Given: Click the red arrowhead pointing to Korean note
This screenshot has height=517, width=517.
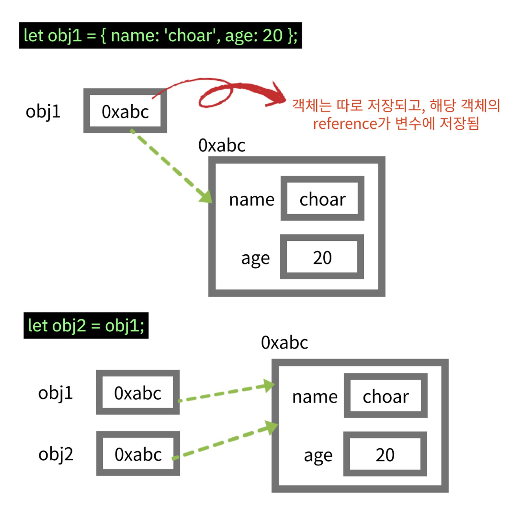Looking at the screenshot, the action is [277, 96].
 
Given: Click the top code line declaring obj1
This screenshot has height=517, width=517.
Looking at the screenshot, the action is [161, 35].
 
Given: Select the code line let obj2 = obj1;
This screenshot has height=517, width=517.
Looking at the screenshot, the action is [86, 325].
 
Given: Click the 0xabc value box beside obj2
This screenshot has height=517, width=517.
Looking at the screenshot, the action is [138, 454].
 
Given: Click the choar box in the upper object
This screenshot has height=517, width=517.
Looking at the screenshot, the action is [322, 198].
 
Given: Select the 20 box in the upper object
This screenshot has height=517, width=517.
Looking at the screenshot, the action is [322, 257].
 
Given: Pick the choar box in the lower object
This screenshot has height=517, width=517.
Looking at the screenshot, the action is [386, 396].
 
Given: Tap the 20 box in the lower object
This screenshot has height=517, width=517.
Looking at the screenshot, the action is [385, 454].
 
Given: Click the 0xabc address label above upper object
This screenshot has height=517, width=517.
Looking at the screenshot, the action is [222, 146].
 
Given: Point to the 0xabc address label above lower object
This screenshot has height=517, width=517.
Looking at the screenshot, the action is [284, 343].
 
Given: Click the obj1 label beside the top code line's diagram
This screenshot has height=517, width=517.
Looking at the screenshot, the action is [43, 112].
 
